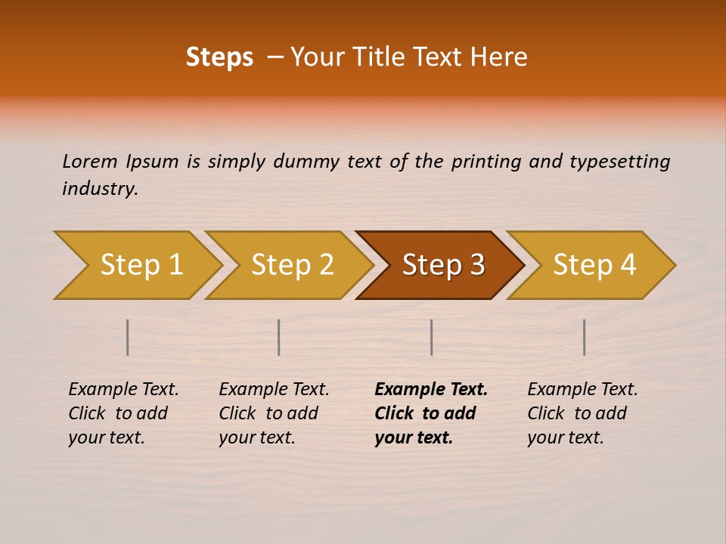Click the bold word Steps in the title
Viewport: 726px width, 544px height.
[219, 57]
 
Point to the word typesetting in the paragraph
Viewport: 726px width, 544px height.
[619, 162]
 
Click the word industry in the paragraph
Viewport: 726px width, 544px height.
[100, 189]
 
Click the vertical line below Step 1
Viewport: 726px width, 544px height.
[128, 337]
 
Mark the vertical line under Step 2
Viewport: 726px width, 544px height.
[279, 337]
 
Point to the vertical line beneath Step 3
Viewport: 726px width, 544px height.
[431, 337]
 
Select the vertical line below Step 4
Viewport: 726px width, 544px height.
[585, 337]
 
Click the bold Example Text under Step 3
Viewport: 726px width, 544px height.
[431, 390]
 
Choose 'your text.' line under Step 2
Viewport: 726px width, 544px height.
[256, 437]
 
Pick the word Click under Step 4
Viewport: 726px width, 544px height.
[546, 413]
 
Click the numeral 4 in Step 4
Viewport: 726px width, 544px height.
[627, 265]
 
